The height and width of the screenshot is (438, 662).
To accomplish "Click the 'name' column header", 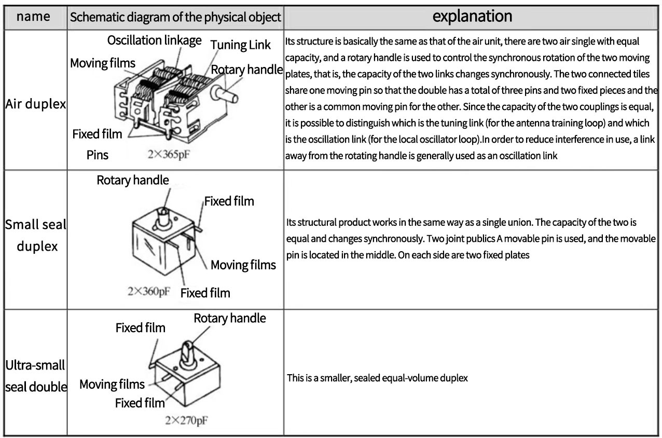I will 34,16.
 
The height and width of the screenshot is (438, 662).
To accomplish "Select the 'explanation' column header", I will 473,16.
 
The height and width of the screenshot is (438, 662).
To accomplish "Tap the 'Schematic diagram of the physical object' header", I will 176,17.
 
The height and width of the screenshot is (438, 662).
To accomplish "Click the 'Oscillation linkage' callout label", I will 155,41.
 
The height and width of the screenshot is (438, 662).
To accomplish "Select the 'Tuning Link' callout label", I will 240,45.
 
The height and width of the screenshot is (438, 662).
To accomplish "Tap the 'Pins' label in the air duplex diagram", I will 98,155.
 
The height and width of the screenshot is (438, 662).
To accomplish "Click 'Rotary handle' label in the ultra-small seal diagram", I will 229,318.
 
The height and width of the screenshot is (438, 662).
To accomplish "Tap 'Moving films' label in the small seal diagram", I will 243,266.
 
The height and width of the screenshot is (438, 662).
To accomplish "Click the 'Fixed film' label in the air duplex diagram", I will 98,134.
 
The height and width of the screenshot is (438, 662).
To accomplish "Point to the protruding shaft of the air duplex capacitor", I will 228,95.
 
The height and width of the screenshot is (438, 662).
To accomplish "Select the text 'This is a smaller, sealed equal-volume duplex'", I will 377,378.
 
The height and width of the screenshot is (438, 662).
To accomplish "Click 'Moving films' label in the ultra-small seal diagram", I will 112,385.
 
